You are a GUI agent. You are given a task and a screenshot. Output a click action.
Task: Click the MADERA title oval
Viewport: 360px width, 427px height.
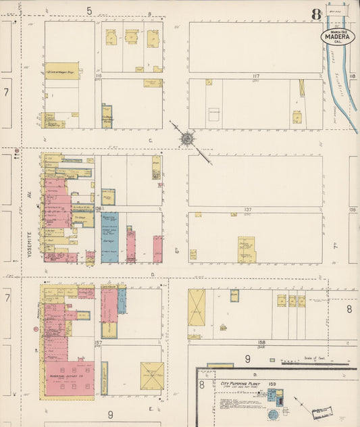[x=337, y=36]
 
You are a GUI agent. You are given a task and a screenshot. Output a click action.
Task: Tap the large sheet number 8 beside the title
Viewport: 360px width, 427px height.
[x=316, y=14]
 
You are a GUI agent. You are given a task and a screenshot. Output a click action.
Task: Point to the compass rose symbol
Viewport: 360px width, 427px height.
[x=186, y=139]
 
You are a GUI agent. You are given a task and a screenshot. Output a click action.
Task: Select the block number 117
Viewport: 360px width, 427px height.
[x=256, y=76]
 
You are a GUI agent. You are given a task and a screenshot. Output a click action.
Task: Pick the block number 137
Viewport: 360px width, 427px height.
[x=248, y=210]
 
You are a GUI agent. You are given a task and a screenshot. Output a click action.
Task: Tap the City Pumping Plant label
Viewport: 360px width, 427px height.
[x=240, y=383]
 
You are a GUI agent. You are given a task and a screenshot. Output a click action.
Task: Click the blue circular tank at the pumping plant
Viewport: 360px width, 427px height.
[x=273, y=413]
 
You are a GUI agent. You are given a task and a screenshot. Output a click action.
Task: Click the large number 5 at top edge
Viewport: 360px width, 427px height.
[x=88, y=11]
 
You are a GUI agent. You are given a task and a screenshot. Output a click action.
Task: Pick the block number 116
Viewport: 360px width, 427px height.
[x=98, y=76]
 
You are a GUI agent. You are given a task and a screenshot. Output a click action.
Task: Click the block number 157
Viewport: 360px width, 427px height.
[x=98, y=343]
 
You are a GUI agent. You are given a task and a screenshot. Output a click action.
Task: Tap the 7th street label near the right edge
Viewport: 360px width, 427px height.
[x=334, y=249]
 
